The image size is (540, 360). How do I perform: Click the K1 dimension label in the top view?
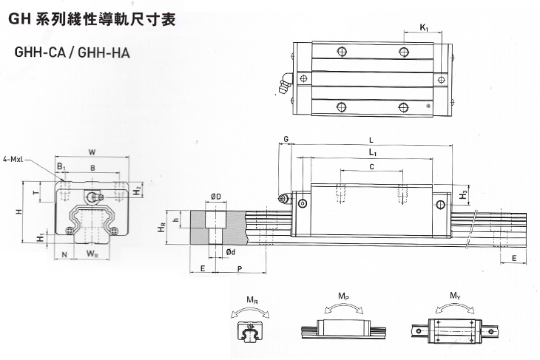[424, 28]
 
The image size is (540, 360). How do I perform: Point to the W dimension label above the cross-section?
[92, 152]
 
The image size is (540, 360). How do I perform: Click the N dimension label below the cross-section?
[65, 255]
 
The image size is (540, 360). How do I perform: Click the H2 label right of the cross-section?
[140, 191]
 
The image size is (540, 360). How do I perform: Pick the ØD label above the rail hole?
[217, 197]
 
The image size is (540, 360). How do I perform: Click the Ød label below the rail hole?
[230, 253]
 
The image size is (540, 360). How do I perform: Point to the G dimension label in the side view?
[286, 139]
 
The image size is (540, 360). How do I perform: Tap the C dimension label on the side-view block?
[371, 168]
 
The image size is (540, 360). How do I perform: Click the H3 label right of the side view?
[463, 194]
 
